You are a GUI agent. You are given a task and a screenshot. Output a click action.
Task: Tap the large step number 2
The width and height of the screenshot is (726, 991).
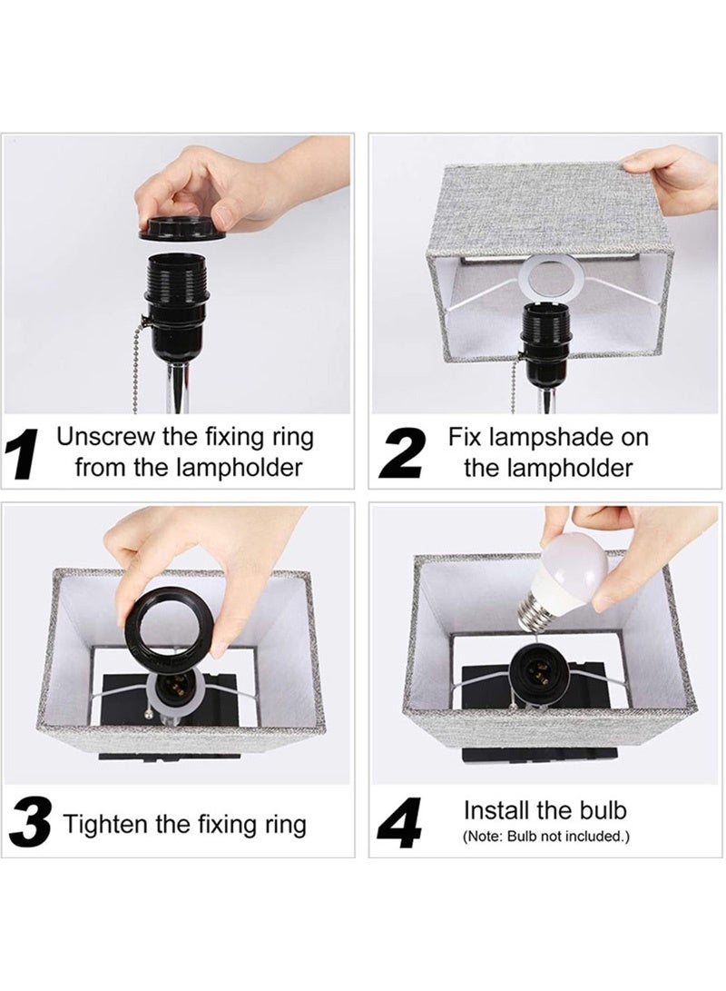click(x=402, y=453)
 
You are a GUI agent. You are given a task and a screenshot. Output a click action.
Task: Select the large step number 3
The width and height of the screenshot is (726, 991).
click(x=30, y=824)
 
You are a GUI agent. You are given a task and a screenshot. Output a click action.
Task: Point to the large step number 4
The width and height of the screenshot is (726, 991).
click(x=399, y=824)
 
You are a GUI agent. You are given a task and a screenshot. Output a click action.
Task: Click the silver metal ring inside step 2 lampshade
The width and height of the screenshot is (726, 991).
click(x=555, y=278)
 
